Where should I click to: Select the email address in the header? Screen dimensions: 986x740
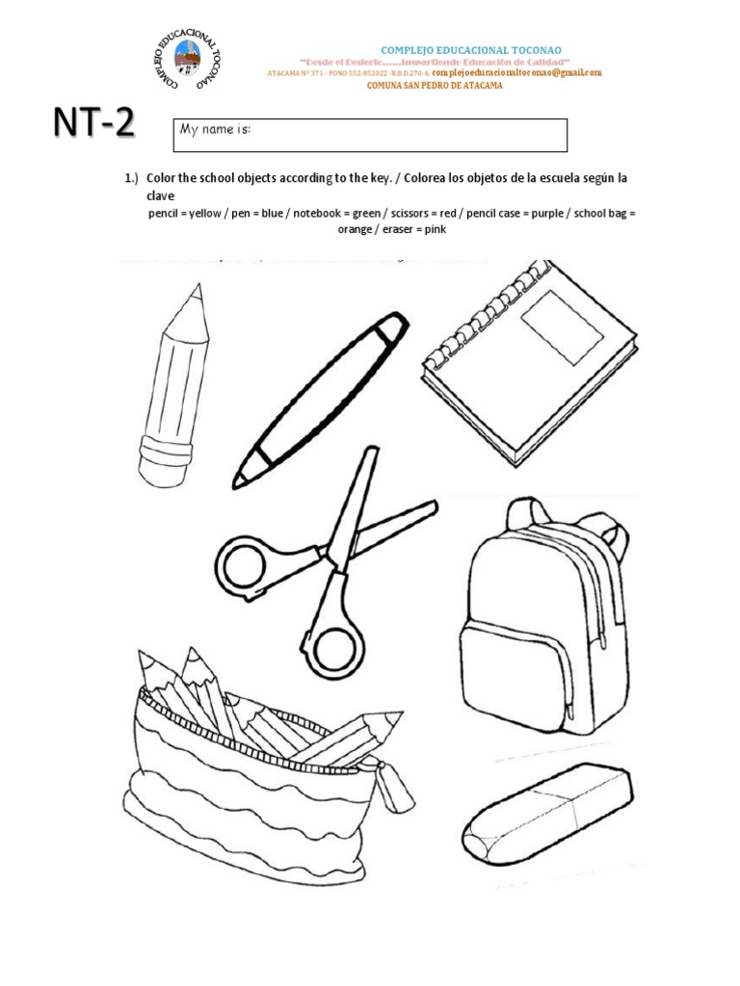coord(516,72)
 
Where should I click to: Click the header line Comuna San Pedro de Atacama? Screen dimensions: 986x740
coord(435,86)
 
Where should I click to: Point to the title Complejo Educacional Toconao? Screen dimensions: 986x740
coord(471,49)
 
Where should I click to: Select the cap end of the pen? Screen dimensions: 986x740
coord(387,329)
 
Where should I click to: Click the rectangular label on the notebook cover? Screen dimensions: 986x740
coord(562,328)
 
